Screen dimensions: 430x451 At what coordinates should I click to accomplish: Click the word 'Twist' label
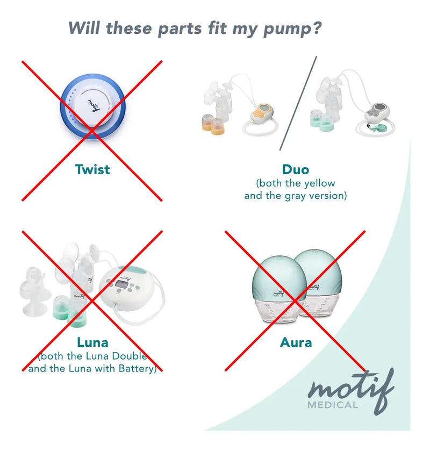tap(92, 169)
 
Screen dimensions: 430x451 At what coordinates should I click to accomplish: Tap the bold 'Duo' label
tap(296, 169)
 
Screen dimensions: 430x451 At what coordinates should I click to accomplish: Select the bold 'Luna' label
tap(92, 342)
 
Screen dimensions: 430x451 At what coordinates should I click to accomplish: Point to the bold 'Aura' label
tap(296, 342)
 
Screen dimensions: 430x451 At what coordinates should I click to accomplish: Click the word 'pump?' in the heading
tap(292, 29)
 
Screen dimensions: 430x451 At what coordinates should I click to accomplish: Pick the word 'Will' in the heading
tap(84, 28)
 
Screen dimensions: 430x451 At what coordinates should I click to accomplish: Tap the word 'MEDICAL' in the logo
tap(333, 405)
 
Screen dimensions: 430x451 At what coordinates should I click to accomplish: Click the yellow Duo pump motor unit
tap(262, 113)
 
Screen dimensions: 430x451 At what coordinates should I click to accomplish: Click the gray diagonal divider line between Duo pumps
tap(298, 103)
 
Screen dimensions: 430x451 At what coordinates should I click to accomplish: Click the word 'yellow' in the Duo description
tap(320, 183)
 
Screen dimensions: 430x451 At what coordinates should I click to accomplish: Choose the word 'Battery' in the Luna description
tap(137, 368)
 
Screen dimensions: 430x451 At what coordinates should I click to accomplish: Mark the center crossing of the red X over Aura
tap(295, 301)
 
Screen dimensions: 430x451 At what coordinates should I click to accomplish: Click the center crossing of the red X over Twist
tap(92, 131)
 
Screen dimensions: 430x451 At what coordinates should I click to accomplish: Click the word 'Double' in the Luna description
tap(130, 356)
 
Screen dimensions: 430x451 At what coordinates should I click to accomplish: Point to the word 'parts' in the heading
tap(180, 29)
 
